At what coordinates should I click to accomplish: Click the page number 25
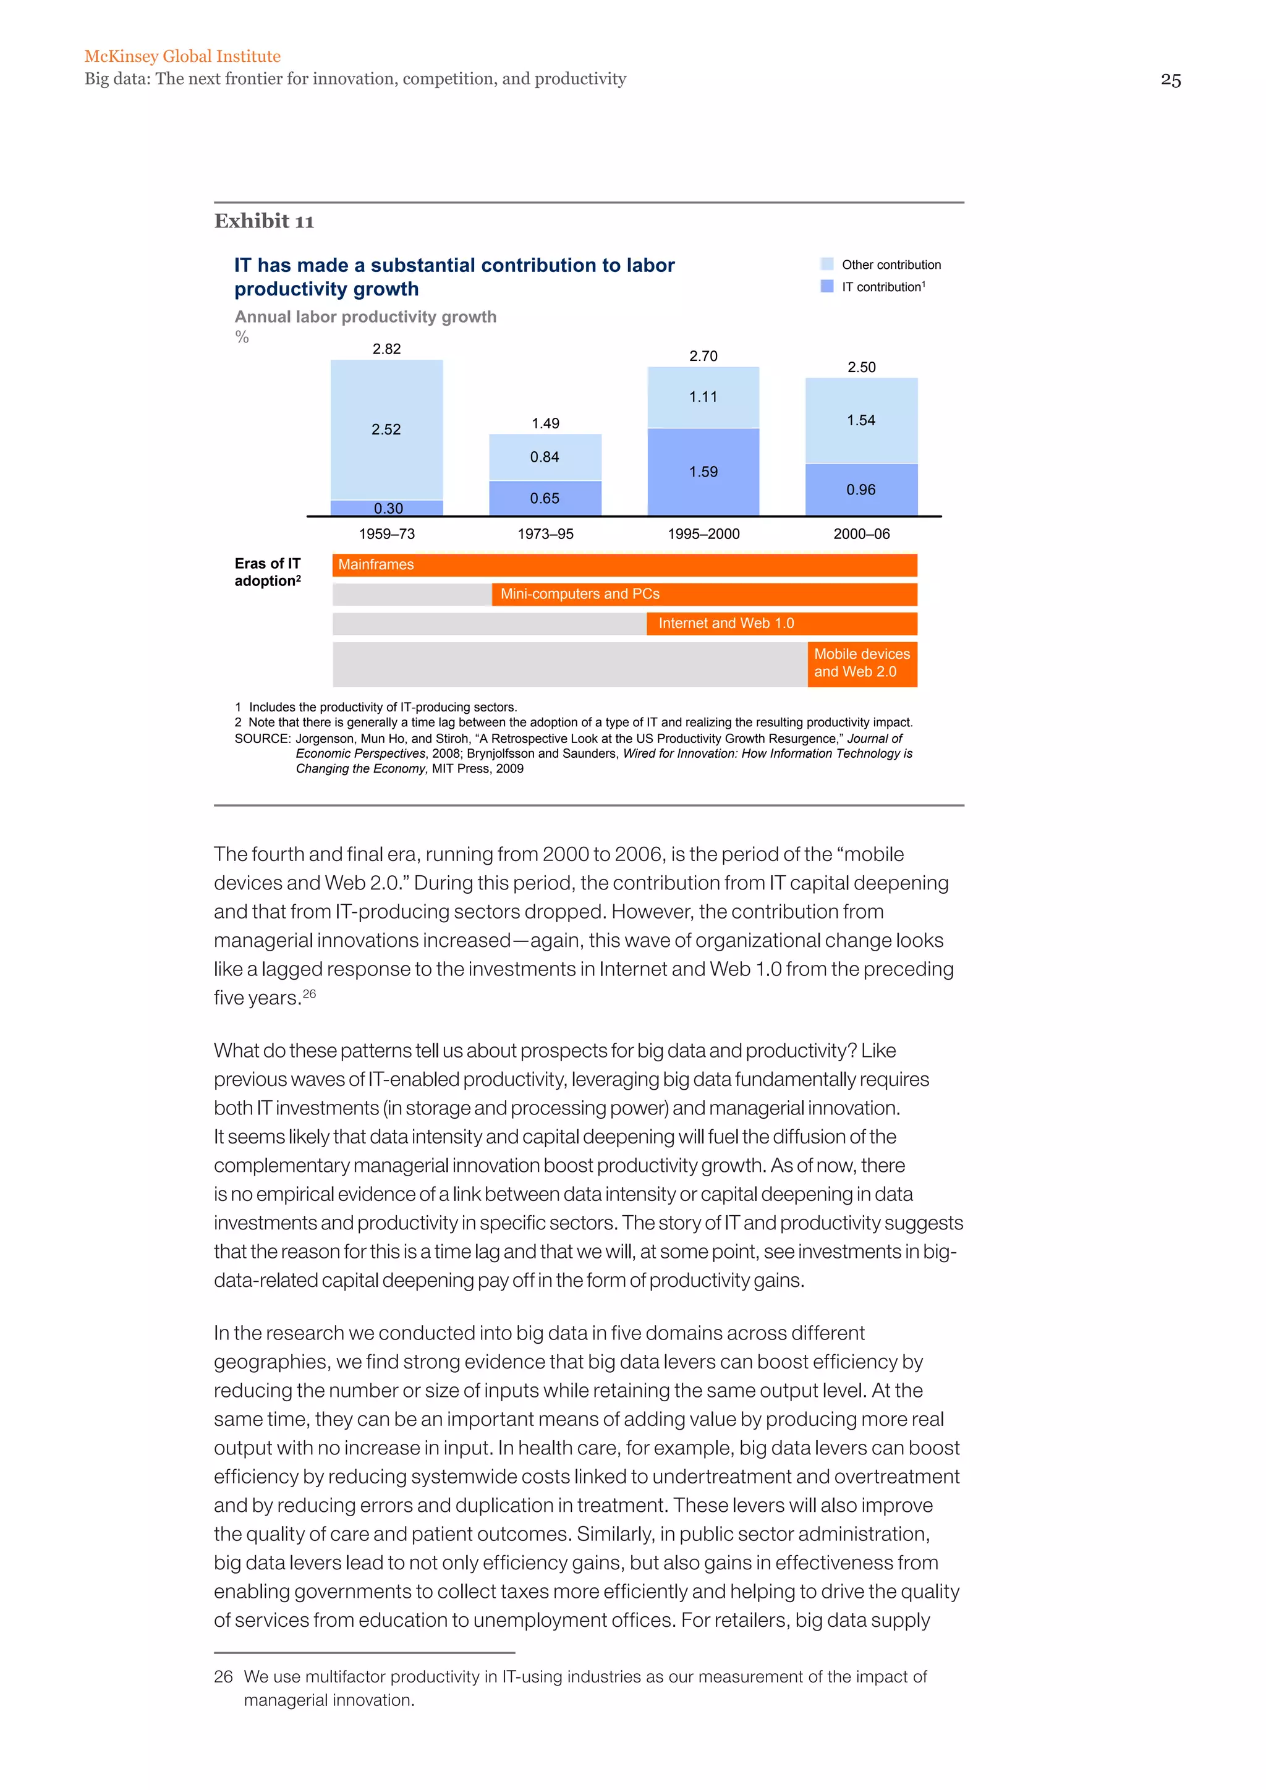point(1170,80)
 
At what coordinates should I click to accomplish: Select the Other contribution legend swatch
point(827,265)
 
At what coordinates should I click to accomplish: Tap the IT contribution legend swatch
point(827,286)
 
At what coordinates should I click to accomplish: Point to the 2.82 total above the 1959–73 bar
point(386,349)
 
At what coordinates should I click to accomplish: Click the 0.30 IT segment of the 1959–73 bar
point(388,508)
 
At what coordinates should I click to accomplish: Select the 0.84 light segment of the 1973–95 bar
point(544,457)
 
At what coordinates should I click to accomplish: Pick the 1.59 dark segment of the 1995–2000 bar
point(703,472)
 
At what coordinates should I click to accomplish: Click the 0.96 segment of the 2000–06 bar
point(860,490)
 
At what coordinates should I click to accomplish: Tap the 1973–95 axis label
point(545,534)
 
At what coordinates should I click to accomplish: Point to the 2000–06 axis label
point(861,534)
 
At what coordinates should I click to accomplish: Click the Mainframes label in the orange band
point(376,564)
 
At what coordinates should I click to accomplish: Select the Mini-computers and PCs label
point(580,594)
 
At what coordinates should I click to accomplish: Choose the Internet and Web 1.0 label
point(726,623)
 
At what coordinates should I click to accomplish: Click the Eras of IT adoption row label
point(268,572)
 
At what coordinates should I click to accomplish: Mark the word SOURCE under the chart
point(262,738)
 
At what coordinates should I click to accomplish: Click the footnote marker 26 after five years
point(310,993)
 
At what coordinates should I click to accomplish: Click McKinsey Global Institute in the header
point(182,56)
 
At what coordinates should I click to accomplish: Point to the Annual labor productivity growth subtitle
point(365,316)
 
